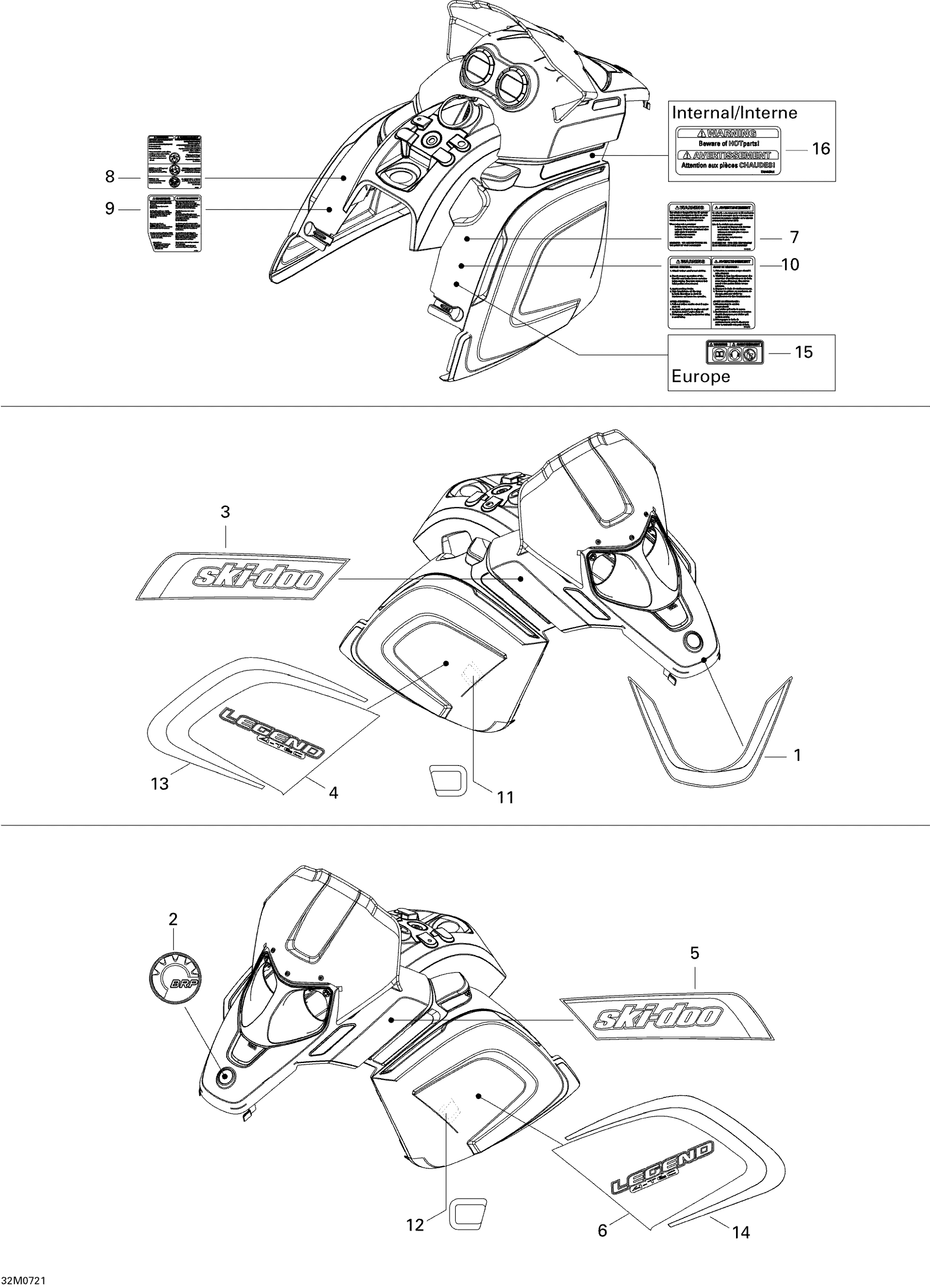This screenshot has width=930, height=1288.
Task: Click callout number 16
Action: (x=821, y=149)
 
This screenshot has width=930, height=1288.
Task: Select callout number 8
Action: (x=109, y=177)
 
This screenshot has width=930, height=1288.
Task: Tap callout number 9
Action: (x=109, y=209)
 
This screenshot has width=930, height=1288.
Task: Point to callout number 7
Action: (x=794, y=237)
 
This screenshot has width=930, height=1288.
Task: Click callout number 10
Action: (x=790, y=264)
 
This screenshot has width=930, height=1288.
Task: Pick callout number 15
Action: (x=803, y=352)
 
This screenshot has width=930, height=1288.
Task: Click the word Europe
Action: (x=701, y=377)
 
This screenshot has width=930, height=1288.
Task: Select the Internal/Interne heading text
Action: (x=734, y=112)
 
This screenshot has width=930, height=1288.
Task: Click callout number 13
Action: (x=160, y=784)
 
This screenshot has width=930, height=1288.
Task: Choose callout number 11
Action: (x=505, y=798)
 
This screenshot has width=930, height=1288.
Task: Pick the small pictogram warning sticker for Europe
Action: (x=735, y=352)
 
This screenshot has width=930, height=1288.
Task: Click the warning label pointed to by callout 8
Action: (x=175, y=162)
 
